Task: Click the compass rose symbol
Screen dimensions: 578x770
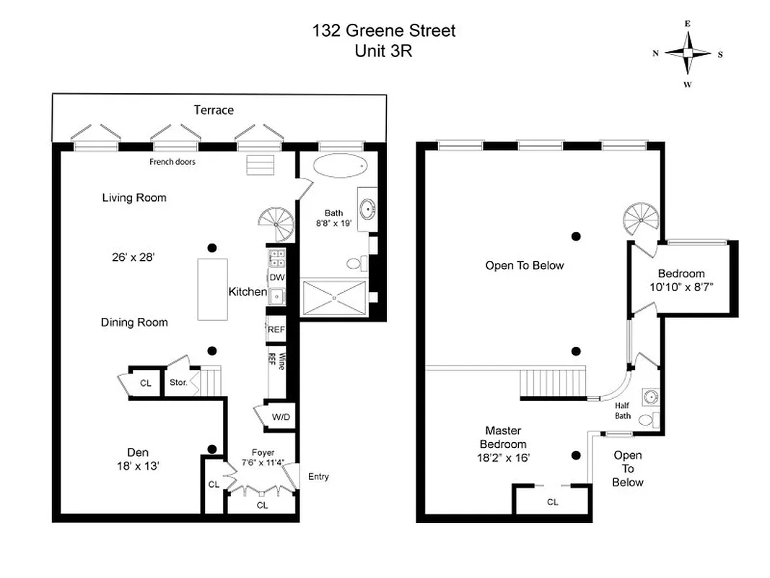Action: (x=688, y=53)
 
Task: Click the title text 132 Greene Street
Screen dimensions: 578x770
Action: (x=383, y=31)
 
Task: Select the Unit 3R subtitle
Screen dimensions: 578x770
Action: (x=383, y=51)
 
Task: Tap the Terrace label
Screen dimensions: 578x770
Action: (x=214, y=110)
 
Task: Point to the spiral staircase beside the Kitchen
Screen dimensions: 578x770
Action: (x=278, y=224)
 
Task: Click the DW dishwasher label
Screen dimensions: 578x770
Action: (x=276, y=277)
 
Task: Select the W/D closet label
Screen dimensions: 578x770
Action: (x=281, y=418)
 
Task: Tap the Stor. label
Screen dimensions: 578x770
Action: (x=178, y=382)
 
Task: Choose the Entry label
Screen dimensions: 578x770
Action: (x=318, y=476)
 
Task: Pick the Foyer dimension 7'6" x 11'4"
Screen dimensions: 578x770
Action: (x=262, y=462)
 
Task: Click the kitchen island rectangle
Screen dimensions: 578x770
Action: (x=213, y=289)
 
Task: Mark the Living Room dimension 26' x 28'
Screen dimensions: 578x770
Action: (x=134, y=256)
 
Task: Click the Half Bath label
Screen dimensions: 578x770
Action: (x=623, y=410)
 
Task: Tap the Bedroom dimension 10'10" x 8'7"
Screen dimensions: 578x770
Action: (x=681, y=286)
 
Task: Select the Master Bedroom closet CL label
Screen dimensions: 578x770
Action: (x=553, y=501)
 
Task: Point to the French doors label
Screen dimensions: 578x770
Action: (x=172, y=162)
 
